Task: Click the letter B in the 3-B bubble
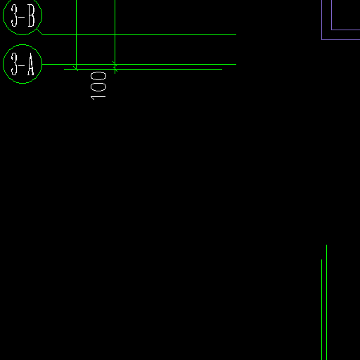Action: click(x=32, y=15)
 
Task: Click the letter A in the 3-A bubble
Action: click(x=31, y=64)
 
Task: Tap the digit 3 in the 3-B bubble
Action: click(x=14, y=15)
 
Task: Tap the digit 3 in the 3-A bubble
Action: click(x=14, y=64)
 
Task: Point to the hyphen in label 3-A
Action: click(x=22, y=65)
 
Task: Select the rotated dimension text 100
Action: click(x=98, y=86)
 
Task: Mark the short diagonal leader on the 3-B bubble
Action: click(x=40, y=32)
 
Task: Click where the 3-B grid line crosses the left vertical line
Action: click(x=77, y=34)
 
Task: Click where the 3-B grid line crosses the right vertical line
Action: click(x=115, y=34)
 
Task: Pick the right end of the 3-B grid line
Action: click(x=236, y=34)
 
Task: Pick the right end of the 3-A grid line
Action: click(x=236, y=64)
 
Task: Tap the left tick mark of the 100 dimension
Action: click(x=76, y=69)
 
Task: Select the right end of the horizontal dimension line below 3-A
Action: click(x=222, y=69)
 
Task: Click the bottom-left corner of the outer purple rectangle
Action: click(x=322, y=39)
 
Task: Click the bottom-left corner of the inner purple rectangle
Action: click(x=332, y=30)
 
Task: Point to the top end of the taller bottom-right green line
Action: click(x=326, y=245)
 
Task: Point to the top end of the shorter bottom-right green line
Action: click(x=321, y=259)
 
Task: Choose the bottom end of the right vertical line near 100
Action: click(x=115, y=74)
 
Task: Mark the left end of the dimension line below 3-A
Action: click(x=64, y=69)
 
